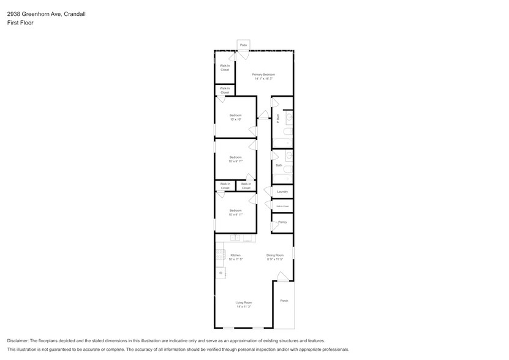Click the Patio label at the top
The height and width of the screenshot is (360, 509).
pyautogui.click(x=243, y=45)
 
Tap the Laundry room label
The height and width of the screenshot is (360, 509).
pyautogui.click(x=282, y=192)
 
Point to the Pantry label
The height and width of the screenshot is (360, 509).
pyautogui.click(x=282, y=222)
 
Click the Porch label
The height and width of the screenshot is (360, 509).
pyautogui.click(x=284, y=301)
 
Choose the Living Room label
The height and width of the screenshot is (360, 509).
pyautogui.click(x=244, y=304)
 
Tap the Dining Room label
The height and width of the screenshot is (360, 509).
pyautogui.click(x=275, y=257)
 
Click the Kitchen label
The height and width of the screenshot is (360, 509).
pyautogui.click(x=236, y=257)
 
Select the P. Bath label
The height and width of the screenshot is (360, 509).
pyautogui.click(x=278, y=118)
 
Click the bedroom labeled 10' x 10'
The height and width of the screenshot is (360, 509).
pyautogui.click(x=236, y=117)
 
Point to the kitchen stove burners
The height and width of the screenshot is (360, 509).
pyautogui.click(x=219, y=254)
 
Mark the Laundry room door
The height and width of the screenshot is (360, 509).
pyautogui.click(x=268, y=190)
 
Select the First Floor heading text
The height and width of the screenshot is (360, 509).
pyautogui.click(x=20, y=23)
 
